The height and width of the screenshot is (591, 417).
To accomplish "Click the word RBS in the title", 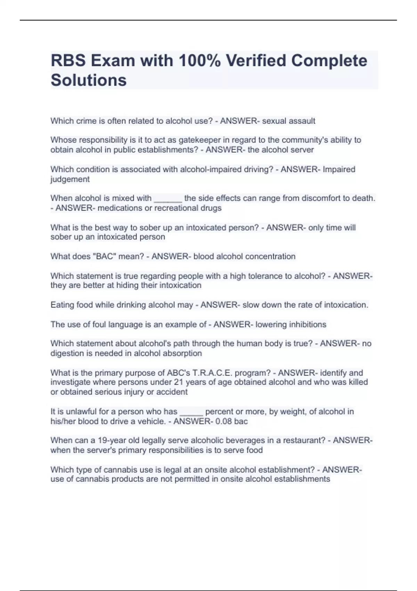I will pyautogui.click(x=68, y=61).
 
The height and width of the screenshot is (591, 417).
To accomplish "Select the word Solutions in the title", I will pyautogui.click(x=89, y=80).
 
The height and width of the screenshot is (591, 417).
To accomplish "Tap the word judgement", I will pyautogui.click(x=70, y=179).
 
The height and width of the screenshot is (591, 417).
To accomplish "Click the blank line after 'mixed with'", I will pyautogui.click(x=168, y=199).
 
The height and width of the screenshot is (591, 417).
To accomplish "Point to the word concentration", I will pyautogui.click(x=270, y=257).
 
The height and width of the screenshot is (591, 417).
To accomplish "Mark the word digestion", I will pyautogui.click(x=68, y=354).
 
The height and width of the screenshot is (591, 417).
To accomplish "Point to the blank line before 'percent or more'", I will pyautogui.click(x=191, y=412).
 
